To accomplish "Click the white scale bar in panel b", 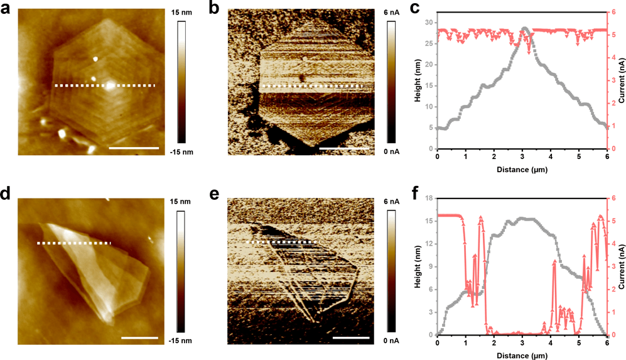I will tap(342, 149).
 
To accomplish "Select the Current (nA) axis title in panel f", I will tap(621, 267).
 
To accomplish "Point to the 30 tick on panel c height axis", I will tap(429, 22).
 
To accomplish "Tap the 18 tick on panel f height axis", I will tap(429, 199).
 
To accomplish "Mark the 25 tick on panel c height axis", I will tap(429, 43).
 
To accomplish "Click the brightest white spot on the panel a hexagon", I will tap(111, 85).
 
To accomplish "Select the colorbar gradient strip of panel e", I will tap(391, 271).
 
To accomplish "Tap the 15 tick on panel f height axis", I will tap(429, 221).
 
